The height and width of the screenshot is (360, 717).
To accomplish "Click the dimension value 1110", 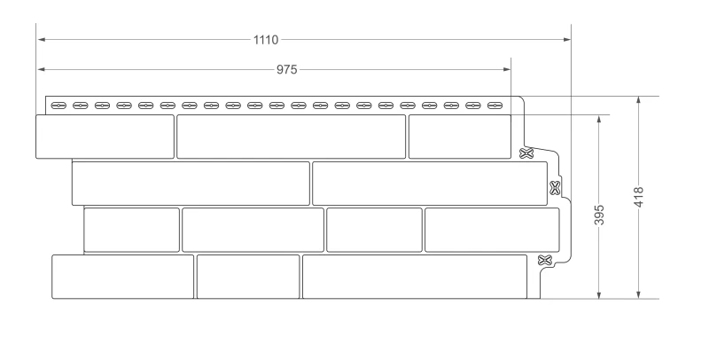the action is coord(266,40).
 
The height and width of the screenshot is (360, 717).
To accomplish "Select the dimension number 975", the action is coord(286,69).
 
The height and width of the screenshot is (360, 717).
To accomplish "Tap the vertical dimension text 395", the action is coord(599,215).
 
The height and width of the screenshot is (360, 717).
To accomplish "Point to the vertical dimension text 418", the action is coord(639,197).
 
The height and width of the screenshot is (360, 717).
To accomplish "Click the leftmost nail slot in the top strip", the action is coord(58,106).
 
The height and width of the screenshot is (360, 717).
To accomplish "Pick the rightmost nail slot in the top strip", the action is coord(495,106).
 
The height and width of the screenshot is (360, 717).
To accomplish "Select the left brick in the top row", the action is coord(105,137).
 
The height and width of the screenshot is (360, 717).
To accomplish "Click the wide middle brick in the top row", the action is coord(292,137).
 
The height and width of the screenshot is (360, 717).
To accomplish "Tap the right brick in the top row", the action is coord(460,137).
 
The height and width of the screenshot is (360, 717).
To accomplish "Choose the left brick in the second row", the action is coord(191,184).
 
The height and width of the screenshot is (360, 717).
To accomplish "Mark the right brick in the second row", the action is coord(430,184).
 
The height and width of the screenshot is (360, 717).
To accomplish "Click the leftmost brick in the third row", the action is coord(132,230).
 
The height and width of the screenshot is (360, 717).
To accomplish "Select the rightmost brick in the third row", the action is coord(492,230).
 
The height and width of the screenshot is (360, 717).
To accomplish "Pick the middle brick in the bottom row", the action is coord(248,277).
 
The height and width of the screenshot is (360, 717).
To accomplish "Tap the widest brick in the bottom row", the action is coord(415,277).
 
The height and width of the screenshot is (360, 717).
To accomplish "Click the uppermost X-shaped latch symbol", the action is coord(526,153).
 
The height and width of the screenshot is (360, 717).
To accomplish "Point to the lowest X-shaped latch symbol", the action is coord(544,261).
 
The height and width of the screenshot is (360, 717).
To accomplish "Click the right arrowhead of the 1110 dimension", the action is coord(567,40).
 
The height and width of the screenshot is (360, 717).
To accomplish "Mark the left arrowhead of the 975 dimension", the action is coord(41,69).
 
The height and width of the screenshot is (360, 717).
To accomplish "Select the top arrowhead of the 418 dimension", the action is coord(639,100).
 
